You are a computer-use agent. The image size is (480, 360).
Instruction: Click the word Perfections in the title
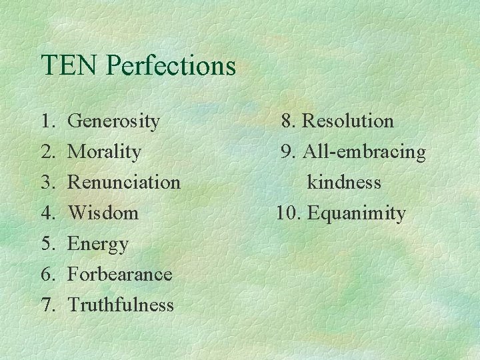point(171,65)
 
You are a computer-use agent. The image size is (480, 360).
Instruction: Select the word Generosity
point(114,121)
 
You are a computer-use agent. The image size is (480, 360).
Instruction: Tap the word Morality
point(105,152)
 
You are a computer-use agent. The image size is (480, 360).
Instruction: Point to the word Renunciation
point(124,182)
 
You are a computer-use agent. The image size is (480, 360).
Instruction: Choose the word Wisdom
point(103,213)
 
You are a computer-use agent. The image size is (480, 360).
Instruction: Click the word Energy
point(98,244)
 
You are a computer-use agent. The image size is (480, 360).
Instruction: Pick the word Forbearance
point(120,274)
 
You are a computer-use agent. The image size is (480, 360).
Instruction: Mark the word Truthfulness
point(121,305)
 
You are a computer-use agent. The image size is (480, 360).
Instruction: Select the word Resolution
point(347,121)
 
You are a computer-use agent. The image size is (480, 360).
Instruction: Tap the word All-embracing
point(364,152)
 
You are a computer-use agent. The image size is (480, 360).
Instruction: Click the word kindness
point(344,182)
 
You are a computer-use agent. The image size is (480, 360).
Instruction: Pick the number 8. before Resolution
point(289,121)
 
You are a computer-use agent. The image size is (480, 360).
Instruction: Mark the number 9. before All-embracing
point(289,152)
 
